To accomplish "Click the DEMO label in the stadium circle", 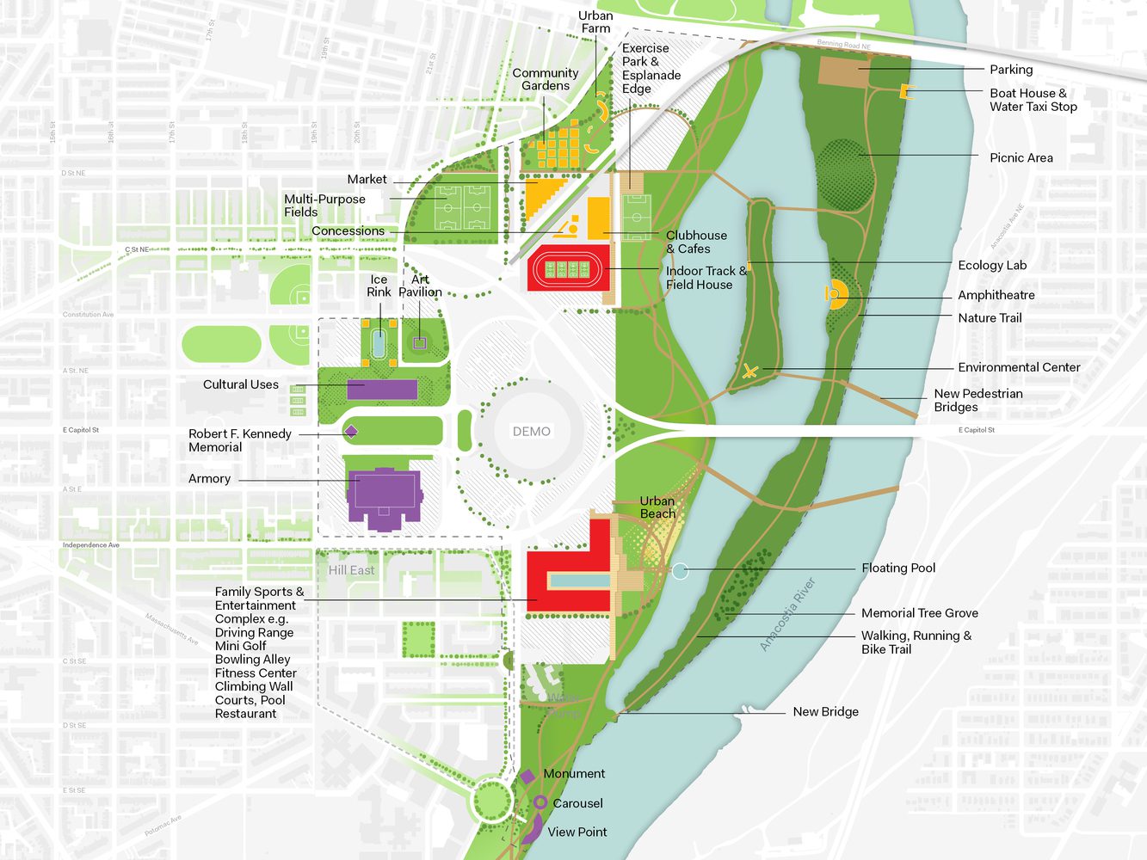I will [x=531, y=432].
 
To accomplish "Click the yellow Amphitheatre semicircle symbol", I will [x=836, y=294].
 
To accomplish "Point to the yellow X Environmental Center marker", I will [x=750, y=372].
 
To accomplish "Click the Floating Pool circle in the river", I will [x=680, y=571].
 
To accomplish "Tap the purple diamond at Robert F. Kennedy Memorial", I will [x=350, y=432].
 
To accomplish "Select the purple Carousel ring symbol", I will [x=540, y=802].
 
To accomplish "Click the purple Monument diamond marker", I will [x=527, y=777].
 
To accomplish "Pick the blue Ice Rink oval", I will [x=379, y=343].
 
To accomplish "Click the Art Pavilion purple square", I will [x=419, y=343].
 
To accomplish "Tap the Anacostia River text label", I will [x=786, y=614].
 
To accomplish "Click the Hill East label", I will [x=351, y=570].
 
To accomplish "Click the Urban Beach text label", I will [x=657, y=507].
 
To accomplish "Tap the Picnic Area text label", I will [x=1021, y=157].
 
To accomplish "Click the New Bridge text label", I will [x=825, y=711].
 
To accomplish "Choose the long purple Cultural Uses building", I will [x=382, y=389].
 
